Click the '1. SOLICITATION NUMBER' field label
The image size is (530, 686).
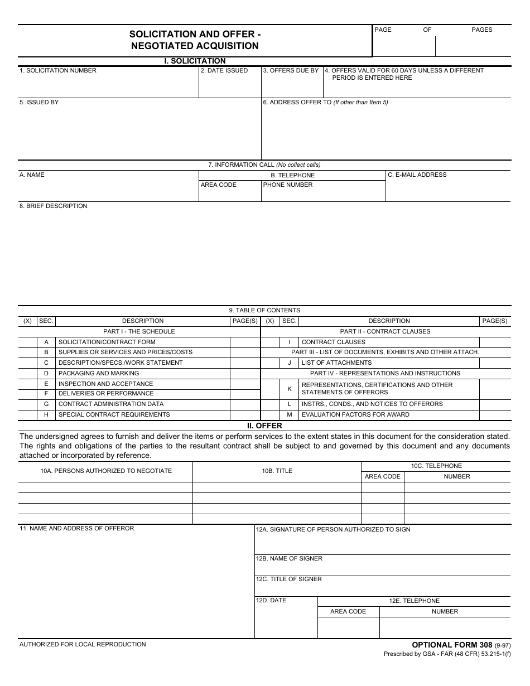pyautogui.click(x=58, y=71)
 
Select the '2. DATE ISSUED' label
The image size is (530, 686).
pyautogui.click(x=224, y=71)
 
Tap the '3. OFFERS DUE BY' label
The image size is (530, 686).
pyautogui.click(x=291, y=71)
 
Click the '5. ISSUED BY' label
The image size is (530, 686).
pyautogui.click(x=39, y=103)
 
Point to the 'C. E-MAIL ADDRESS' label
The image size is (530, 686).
pyautogui.click(x=417, y=175)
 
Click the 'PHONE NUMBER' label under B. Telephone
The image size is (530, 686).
pyautogui.click(x=288, y=185)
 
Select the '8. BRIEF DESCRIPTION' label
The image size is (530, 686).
pyautogui.click(x=54, y=206)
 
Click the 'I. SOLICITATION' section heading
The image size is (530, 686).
pyautogui.click(x=195, y=61)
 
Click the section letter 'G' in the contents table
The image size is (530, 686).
pyautogui.click(x=46, y=404)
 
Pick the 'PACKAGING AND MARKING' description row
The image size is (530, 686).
pyautogui.click(x=99, y=374)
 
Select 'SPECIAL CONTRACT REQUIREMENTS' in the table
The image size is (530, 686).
pyautogui.click(x=114, y=415)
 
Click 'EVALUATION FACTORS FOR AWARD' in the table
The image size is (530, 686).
pyautogui.click(x=355, y=415)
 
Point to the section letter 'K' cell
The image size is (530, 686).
pyautogui.click(x=290, y=389)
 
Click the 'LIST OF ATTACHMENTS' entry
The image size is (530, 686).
pyautogui.click(x=336, y=363)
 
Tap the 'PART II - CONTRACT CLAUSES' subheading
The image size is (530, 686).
pyautogui.click(x=385, y=332)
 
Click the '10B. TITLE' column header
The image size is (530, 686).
pyautogui.click(x=277, y=471)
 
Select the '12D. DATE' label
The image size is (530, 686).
pyautogui.click(x=271, y=601)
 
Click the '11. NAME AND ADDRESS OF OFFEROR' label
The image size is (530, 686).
pyautogui.click(x=77, y=529)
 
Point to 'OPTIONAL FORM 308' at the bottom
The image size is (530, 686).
pyautogui.click(x=452, y=645)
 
